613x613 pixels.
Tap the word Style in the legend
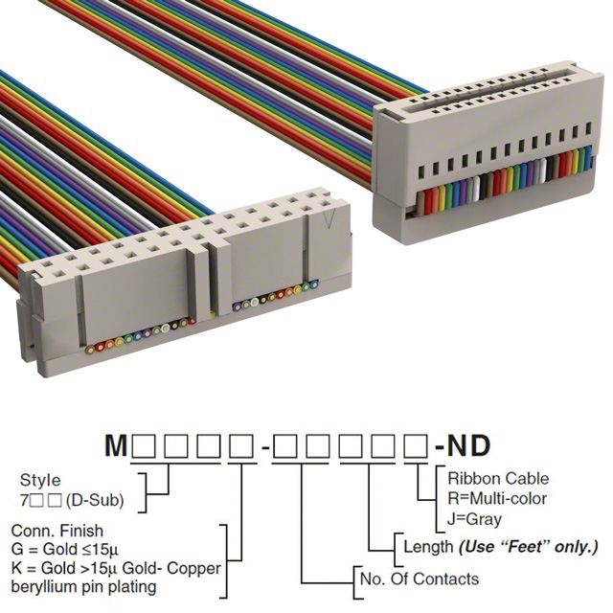coord(39,481)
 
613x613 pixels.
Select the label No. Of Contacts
coord(419,579)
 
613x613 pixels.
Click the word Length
coord(427,547)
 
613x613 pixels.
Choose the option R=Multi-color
coord(497,498)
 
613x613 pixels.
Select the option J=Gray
coord(476,517)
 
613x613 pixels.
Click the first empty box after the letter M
coord(146,445)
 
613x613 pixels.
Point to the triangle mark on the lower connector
coord(330,222)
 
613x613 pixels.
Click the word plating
coord(156,586)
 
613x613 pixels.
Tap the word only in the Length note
coord(574,547)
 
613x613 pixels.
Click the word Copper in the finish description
coord(197,568)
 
